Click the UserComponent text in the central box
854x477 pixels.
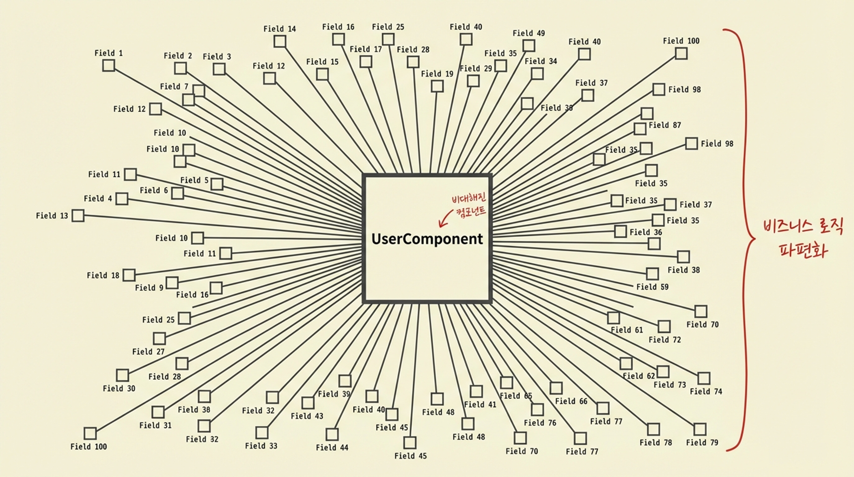point(427,239)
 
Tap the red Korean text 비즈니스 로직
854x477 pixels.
point(803,227)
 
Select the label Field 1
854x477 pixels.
point(109,53)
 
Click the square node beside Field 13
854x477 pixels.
point(78,216)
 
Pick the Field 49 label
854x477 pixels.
point(528,33)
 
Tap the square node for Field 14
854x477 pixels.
point(280,41)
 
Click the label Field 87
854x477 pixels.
point(664,125)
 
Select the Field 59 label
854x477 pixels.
point(652,287)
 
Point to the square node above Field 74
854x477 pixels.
point(704,378)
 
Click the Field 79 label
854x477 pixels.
point(702,443)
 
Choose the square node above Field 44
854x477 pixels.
point(332,434)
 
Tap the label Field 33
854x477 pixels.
point(261,446)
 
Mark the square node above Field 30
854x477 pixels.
point(123,375)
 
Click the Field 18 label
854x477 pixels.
point(103,275)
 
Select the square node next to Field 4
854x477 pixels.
point(122,199)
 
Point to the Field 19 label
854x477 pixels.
point(437,74)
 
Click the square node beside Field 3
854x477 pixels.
point(219,69)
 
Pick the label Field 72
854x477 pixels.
point(664,340)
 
